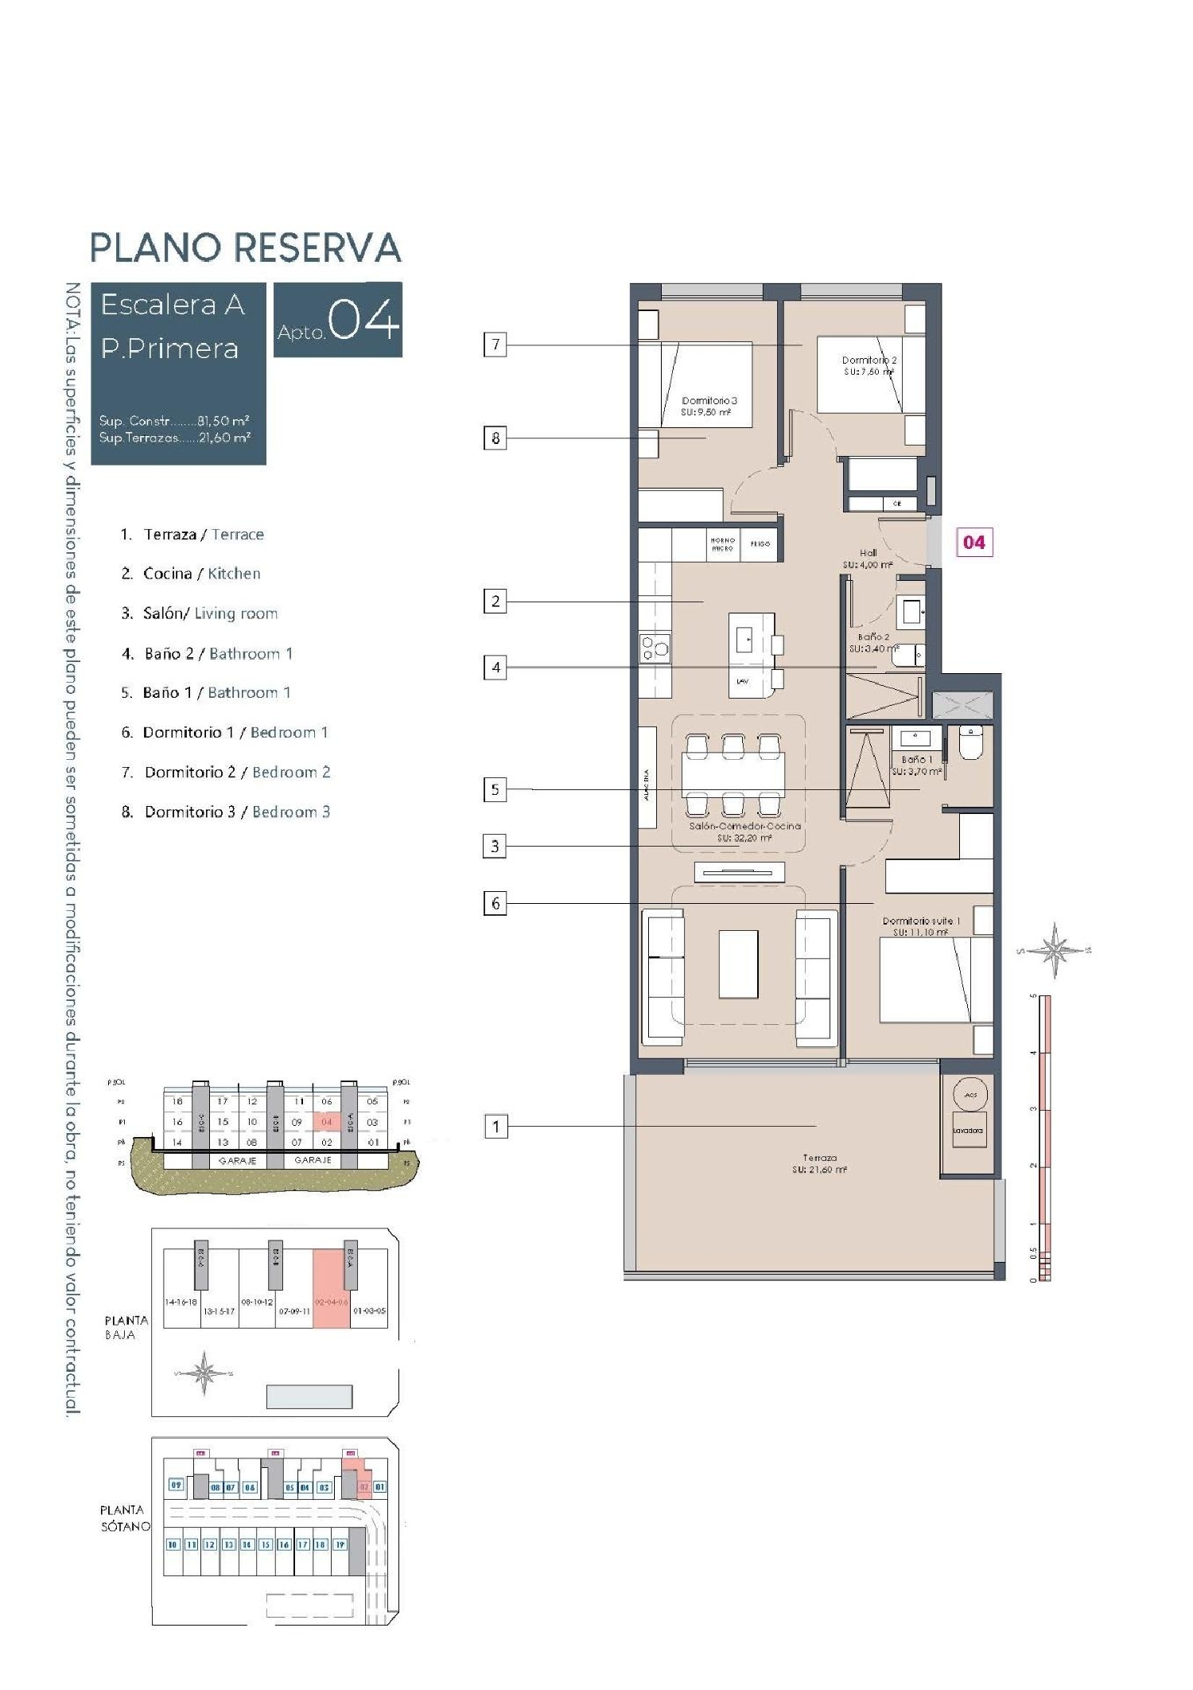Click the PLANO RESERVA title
245,247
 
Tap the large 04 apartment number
363,320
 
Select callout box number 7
495,345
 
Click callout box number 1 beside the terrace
495,1126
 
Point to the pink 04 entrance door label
973,543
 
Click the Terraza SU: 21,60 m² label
819,1163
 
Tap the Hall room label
868,553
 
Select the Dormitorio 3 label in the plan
709,401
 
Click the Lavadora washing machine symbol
968,1131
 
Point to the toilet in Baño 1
971,742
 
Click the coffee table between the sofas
738,964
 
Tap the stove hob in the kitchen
655,648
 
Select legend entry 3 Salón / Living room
199,613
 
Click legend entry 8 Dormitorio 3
225,812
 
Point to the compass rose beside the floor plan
1055,950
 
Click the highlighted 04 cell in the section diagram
326,1122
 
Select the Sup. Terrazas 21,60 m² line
175,438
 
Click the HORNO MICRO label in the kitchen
722,544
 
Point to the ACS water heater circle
970,1096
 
